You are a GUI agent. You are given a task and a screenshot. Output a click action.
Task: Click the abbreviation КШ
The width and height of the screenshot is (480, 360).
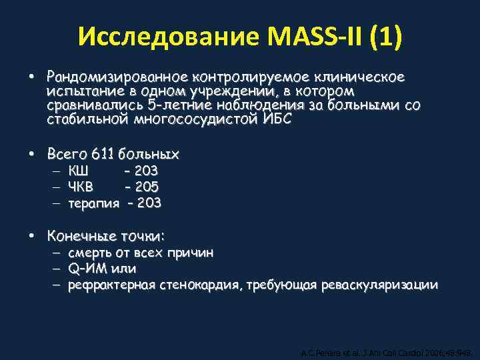coord(78,171)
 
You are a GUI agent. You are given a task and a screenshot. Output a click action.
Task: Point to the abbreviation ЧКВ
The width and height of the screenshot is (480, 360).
coord(81,187)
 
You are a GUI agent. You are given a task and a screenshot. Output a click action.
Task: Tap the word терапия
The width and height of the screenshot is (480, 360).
coord(94,202)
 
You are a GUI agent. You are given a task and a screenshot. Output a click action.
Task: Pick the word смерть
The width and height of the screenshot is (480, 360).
coord(90,253)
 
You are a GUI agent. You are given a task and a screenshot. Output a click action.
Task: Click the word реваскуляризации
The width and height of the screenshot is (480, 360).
coord(379,285)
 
